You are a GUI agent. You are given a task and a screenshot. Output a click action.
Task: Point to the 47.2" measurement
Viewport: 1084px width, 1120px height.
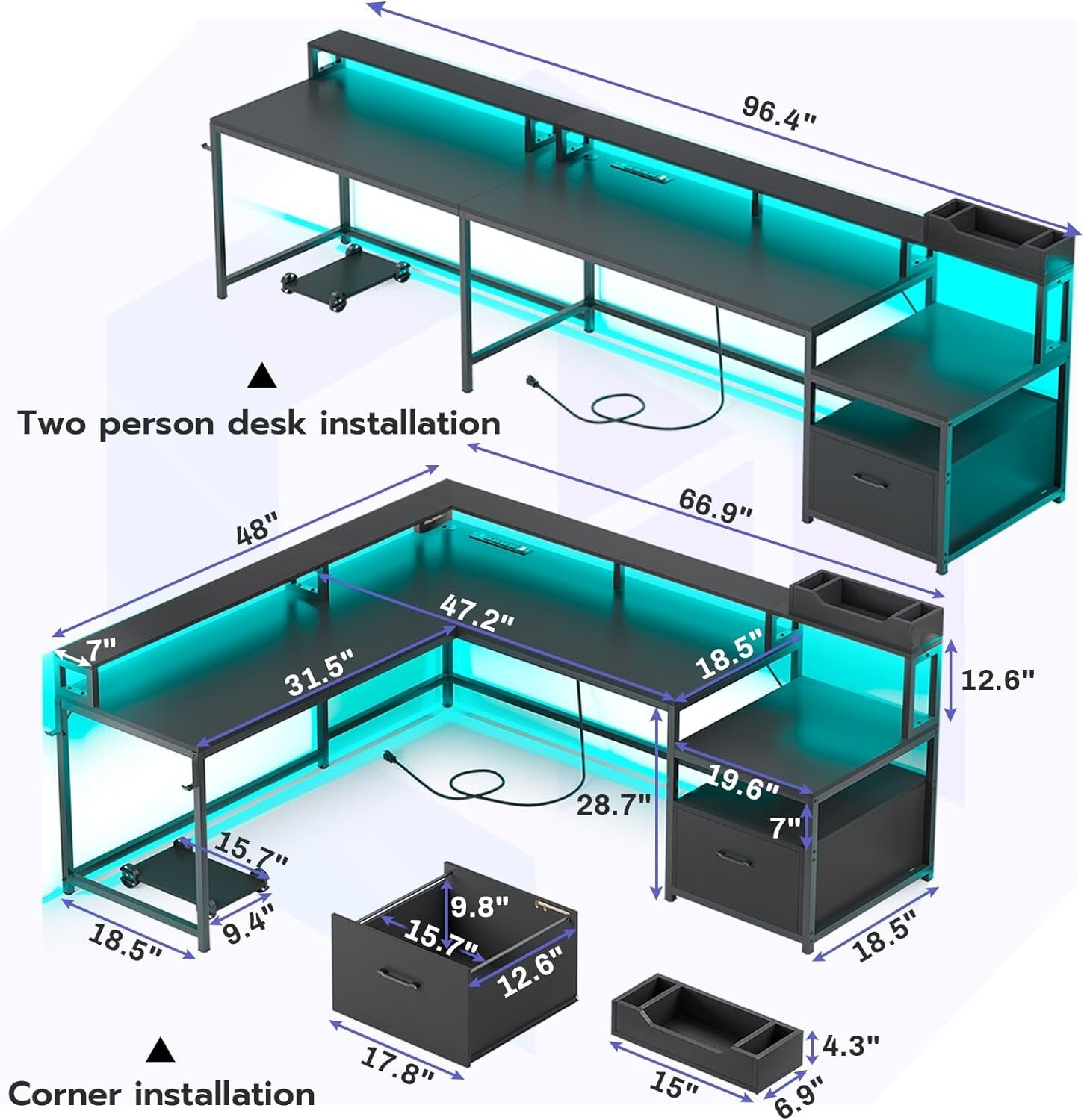(x=476, y=612)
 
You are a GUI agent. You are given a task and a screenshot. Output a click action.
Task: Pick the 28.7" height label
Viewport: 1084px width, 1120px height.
(x=613, y=805)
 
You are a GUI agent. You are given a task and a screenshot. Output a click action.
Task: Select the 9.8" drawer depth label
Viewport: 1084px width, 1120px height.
(x=479, y=906)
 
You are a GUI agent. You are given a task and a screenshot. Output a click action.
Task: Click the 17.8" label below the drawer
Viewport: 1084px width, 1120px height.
(x=397, y=1065)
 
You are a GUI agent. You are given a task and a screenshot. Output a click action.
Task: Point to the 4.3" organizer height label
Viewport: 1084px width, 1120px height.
(x=849, y=1045)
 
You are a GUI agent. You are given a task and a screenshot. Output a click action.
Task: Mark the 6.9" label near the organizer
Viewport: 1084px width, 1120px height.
(x=797, y=1095)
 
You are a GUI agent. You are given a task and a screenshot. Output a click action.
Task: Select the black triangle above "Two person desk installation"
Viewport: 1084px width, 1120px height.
(x=262, y=376)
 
